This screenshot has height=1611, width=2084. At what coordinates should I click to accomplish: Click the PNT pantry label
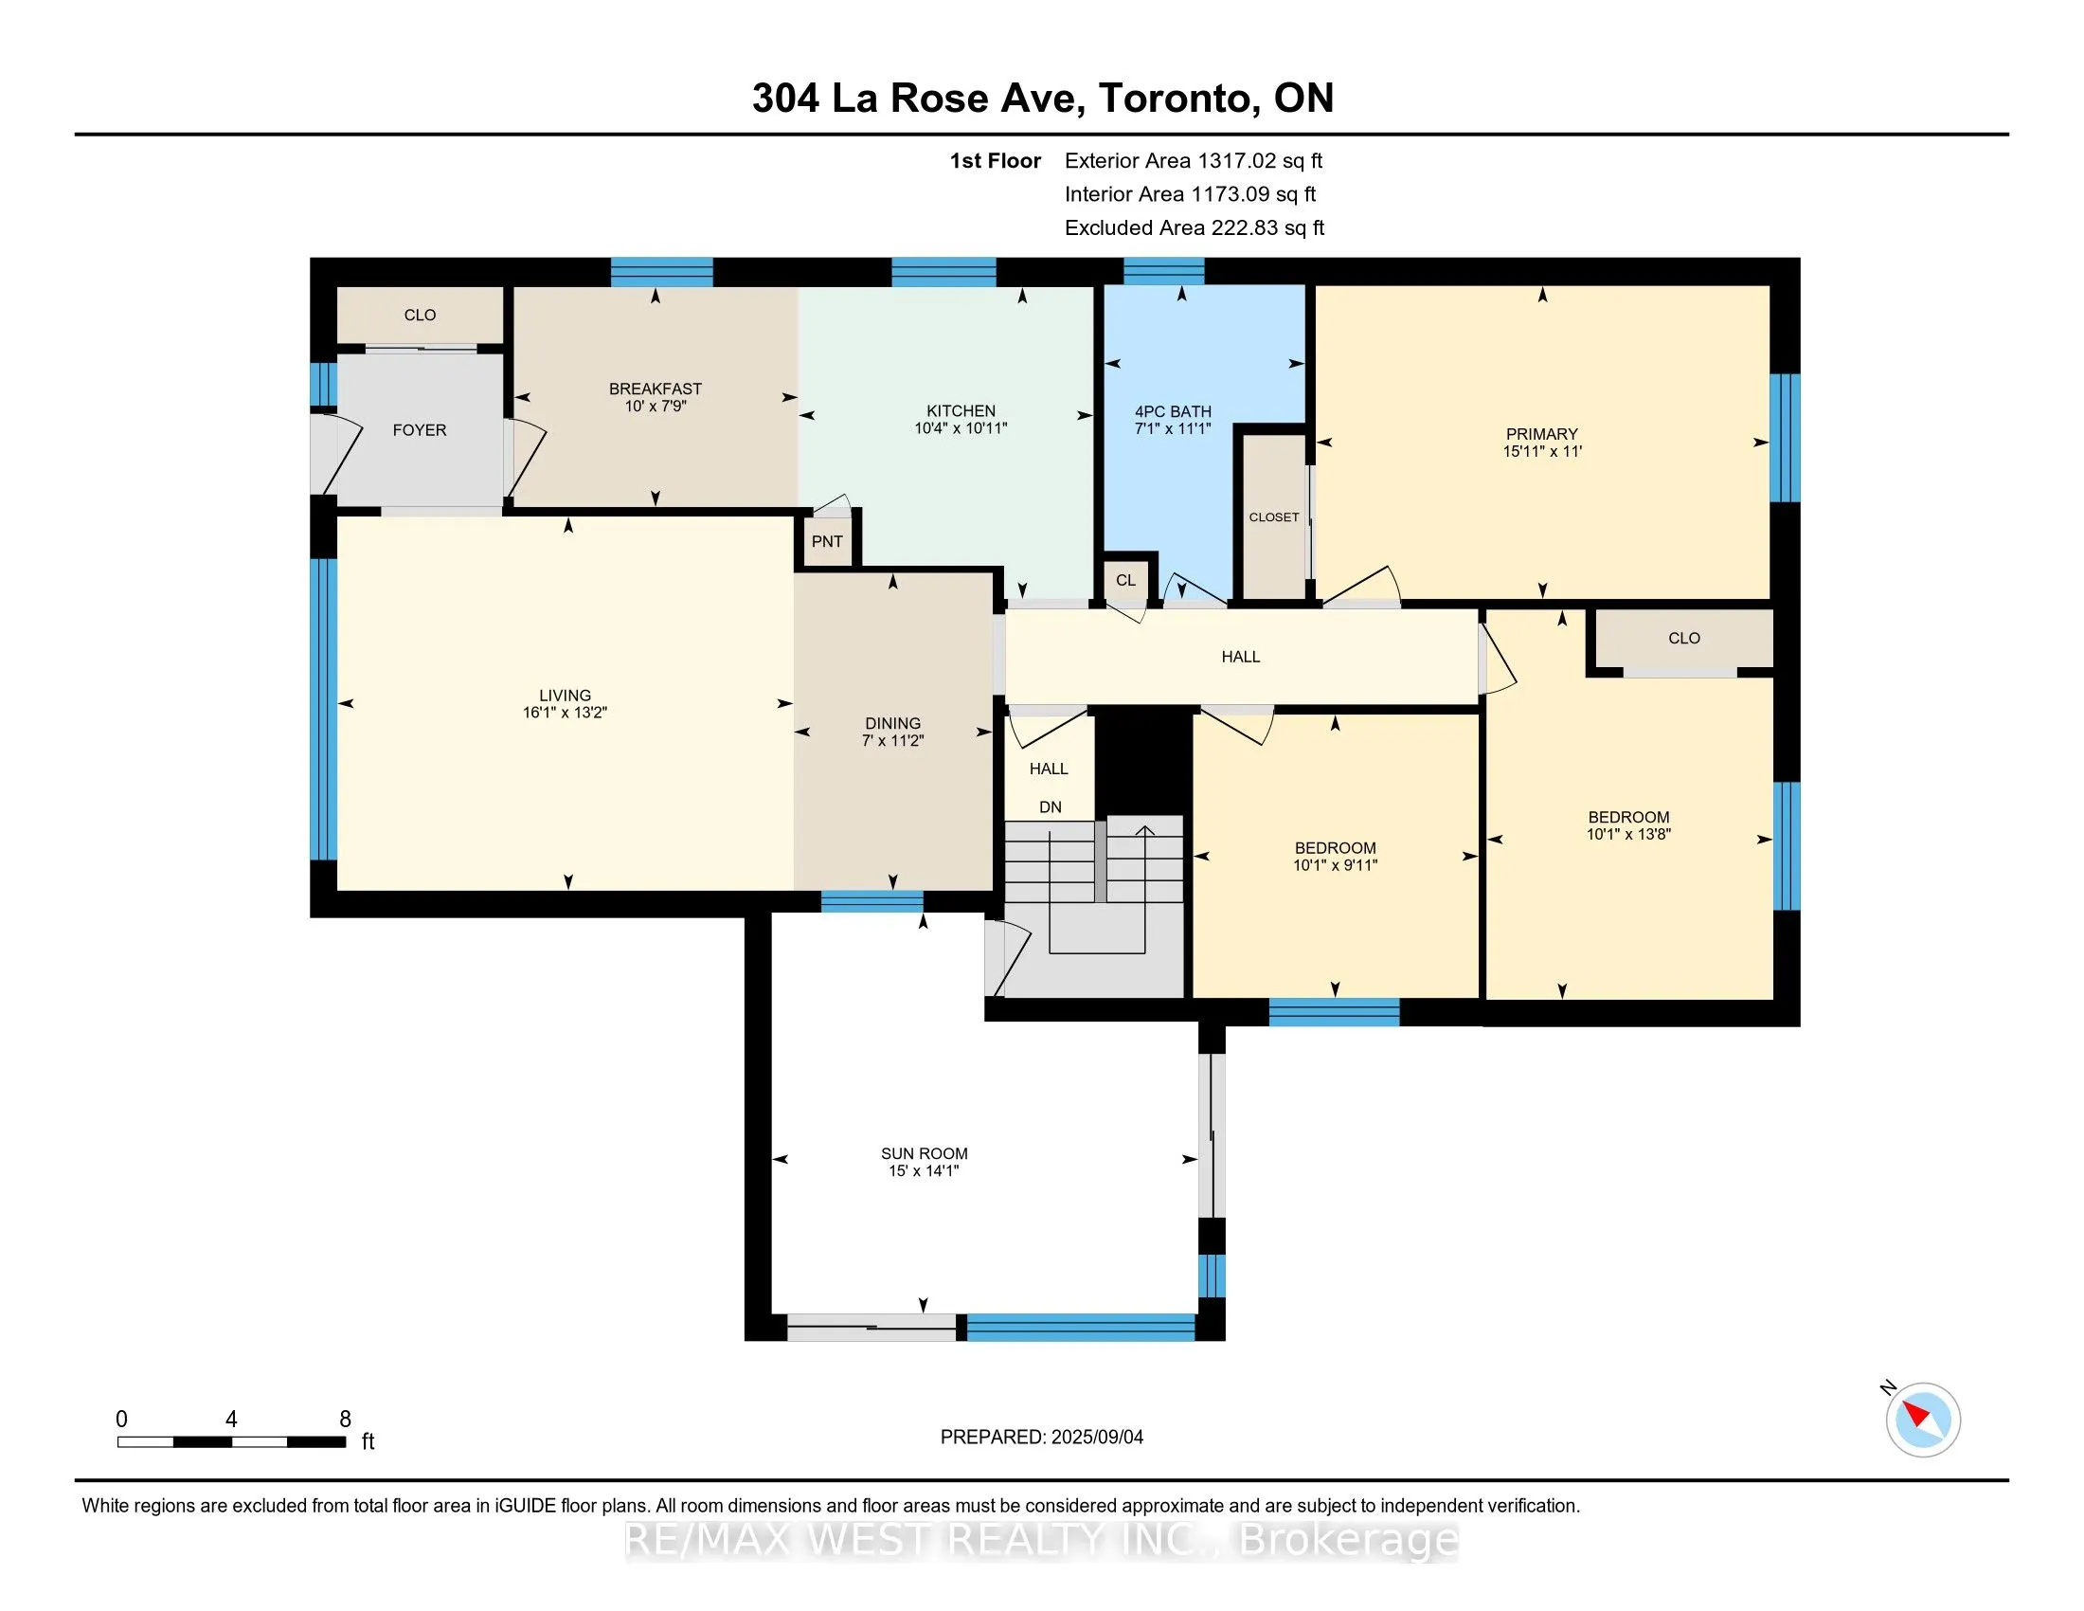pyautogui.click(x=827, y=542)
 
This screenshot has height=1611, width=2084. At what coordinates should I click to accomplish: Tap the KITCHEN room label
pyautogui.click(x=961, y=410)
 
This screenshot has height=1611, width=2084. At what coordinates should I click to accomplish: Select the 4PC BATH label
pyautogui.click(x=1173, y=411)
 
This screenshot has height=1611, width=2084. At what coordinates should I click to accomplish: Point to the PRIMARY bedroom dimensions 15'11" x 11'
pyautogui.click(x=1542, y=451)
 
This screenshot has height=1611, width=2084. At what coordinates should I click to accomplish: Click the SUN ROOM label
pyautogui.click(x=924, y=1154)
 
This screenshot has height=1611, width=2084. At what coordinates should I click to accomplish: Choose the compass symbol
pyautogui.click(x=1922, y=1420)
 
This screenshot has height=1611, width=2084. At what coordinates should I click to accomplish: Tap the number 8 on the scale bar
pyautogui.click(x=346, y=1420)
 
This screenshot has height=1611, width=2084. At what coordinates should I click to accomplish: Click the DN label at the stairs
pyautogui.click(x=1050, y=807)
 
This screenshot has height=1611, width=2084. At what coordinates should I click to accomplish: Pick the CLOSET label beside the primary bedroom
pyautogui.click(x=1274, y=517)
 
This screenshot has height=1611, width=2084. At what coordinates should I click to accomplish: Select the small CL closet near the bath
pyautogui.click(x=1126, y=580)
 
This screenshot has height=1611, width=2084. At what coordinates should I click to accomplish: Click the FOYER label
pyautogui.click(x=420, y=430)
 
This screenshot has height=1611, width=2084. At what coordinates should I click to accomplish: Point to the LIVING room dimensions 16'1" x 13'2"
pyautogui.click(x=565, y=713)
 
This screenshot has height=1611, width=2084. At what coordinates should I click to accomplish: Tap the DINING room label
pyautogui.click(x=893, y=723)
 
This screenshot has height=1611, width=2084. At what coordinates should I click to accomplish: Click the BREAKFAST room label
pyautogui.click(x=656, y=389)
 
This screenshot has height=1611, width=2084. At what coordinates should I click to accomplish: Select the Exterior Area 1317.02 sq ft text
pyautogui.click(x=1194, y=161)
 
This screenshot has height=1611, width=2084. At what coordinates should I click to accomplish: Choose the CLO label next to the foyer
pyautogui.click(x=420, y=315)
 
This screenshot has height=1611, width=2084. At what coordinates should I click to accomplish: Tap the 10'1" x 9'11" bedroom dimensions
pyautogui.click(x=1335, y=865)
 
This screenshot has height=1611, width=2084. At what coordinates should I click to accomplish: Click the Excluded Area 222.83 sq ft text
pyautogui.click(x=1195, y=228)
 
